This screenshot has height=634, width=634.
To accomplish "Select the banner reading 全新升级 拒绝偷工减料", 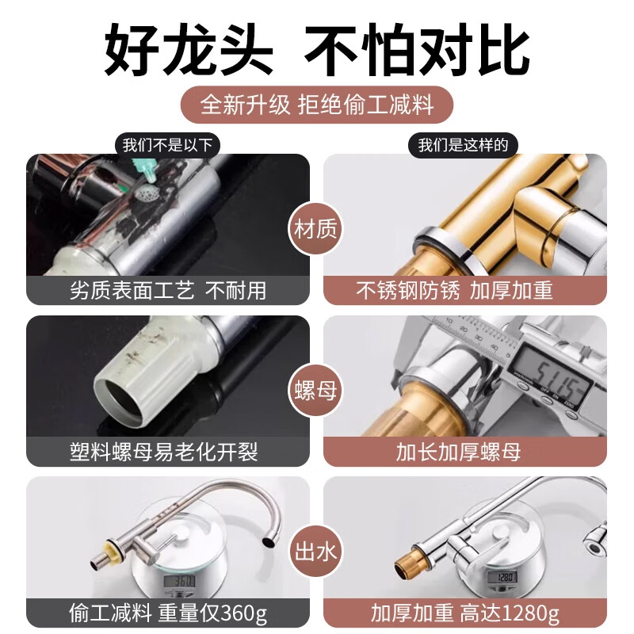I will tap(317, 104).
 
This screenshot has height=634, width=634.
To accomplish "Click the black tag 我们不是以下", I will tap(167, 145).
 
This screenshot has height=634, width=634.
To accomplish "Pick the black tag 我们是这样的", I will tap(468, 145).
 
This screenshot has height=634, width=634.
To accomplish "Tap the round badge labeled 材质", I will tap(316, 231).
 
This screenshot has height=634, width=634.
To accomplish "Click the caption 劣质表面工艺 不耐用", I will tap(167, 291).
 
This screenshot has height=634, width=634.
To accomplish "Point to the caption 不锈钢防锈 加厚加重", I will tap(466, 291).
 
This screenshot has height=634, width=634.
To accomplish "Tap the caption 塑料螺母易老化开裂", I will tap(167, 452).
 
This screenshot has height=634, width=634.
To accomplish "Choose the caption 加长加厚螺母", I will tap(466, 452).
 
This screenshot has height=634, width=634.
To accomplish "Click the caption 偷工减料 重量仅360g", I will tap(167, 613).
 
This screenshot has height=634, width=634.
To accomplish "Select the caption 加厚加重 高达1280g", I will tap(466, 613).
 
